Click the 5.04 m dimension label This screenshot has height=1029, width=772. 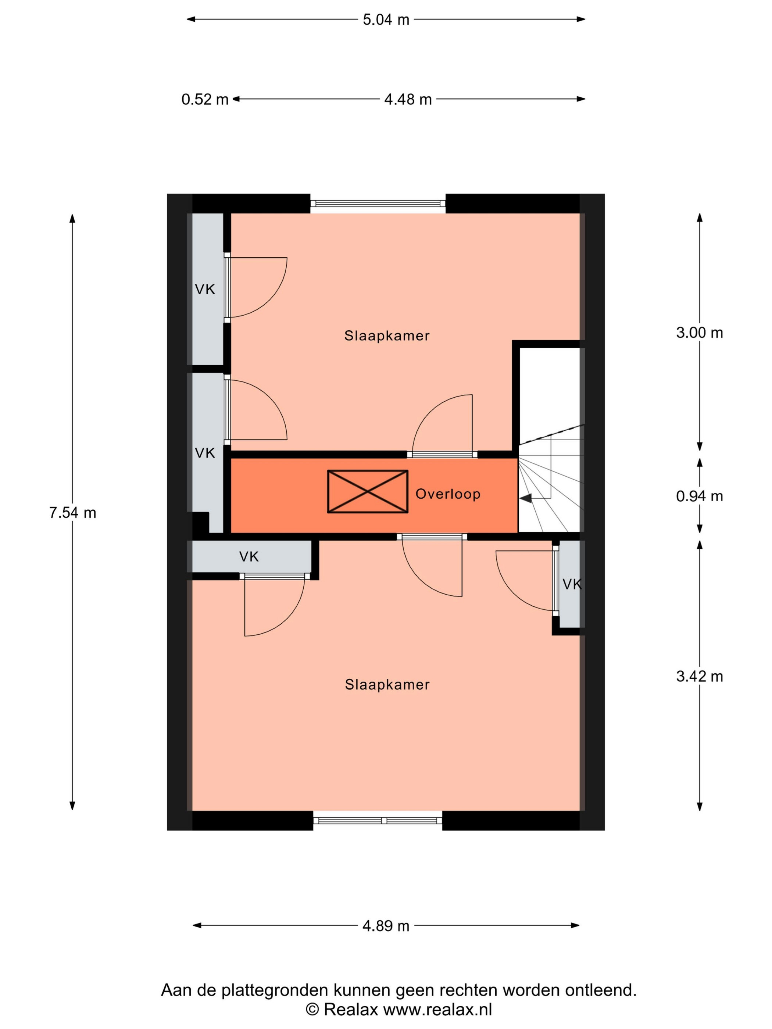(x=386, y=19)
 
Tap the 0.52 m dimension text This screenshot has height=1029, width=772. (x=205, y=99)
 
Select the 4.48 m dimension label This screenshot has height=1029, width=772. (x=408, y=99)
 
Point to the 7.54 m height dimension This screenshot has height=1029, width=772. (x=72, y=513)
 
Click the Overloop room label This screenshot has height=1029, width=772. (x=448, y=494)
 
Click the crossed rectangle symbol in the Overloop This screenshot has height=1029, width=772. (x=368, y=491)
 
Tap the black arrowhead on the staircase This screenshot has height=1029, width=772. (x=526, y=498)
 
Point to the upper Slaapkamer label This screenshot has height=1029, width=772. (x=387, y=336)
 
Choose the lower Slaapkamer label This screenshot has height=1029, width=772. (x=387, y=684)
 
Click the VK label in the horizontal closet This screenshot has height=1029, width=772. (x=249, y=556)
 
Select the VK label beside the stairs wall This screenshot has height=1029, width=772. (x=572, y=584)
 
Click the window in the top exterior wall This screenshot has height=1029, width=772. (x=378, y=203)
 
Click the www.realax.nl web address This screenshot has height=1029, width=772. (x=437, y=1010)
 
